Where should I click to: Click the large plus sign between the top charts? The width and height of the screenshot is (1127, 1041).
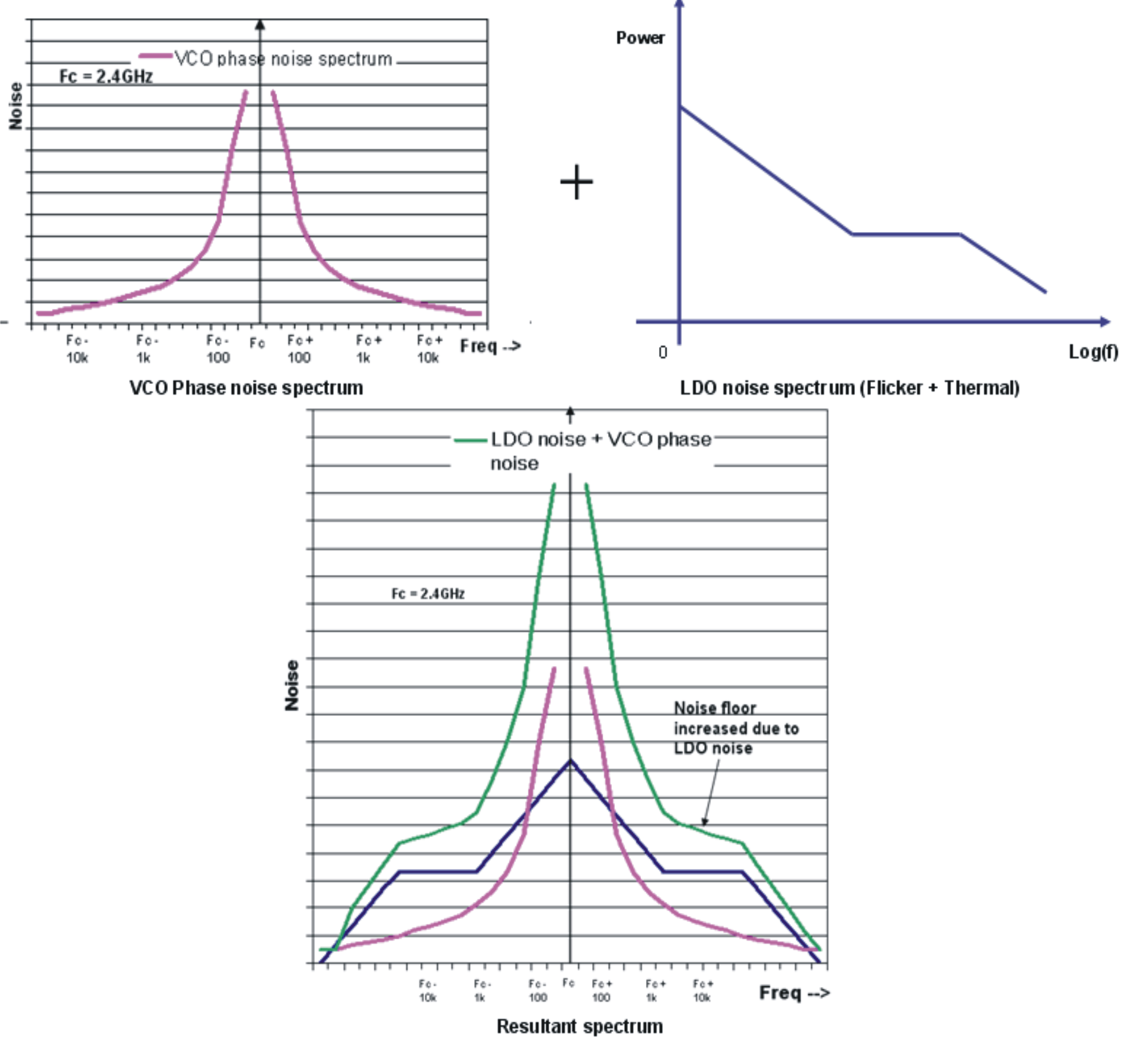[577, 182]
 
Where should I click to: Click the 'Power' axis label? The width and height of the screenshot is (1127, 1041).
[640, 38]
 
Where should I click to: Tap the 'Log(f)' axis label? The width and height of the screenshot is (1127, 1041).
[1093, 352]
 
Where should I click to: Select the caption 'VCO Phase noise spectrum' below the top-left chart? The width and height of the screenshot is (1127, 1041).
[246, 388]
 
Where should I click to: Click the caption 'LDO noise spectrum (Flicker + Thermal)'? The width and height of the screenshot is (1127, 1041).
[849, 388]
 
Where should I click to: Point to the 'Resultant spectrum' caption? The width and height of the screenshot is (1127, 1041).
[580, 1027]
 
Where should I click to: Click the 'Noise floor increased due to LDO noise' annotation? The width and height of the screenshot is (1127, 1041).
[735, 728]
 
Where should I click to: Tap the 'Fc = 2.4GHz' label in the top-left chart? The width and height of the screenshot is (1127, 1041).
[106, 77]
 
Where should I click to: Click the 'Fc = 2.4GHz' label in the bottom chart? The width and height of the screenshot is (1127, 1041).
[428, 594]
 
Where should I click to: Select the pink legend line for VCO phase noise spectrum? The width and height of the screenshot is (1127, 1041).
[155, 56]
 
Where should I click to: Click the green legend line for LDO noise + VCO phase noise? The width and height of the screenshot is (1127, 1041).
[470, 440]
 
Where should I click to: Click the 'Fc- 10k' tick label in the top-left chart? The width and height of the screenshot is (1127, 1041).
[77, 349]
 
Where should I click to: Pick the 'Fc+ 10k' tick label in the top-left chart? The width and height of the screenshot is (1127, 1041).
[429, 349]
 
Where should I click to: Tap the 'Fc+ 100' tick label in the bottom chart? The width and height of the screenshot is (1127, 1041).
[601, 991]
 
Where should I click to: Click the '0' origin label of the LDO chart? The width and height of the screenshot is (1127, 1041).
[663, 353]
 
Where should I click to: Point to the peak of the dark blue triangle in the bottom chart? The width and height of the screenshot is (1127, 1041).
[570, 761]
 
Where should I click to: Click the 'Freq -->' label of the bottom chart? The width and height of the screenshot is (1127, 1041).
[793, 993]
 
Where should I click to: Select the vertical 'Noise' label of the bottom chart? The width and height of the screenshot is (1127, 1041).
[292, 685]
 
